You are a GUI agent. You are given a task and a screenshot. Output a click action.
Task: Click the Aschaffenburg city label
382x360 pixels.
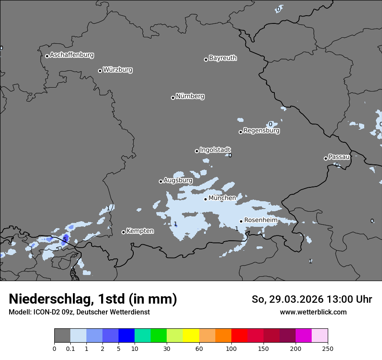click(x=72, y=55)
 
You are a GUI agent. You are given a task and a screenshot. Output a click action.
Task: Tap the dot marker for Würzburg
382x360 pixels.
click(x=100, y=71)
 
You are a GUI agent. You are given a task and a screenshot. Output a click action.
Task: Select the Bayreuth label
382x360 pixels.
click(x=223, y=58)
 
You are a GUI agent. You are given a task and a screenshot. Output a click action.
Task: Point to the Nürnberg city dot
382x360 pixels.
click(x=173, y=98)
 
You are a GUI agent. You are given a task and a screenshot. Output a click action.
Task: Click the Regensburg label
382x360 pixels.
click(x=261, y=131)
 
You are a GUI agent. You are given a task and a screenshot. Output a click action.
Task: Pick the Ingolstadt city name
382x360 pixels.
click(x=215, y=150)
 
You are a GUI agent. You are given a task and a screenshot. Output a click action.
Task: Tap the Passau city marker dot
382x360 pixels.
click(x=326, y=158)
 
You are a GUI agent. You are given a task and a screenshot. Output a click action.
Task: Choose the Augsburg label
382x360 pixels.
click(x=178, y=180)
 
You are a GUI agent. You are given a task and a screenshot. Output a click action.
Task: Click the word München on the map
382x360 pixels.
click(x=222, y=198)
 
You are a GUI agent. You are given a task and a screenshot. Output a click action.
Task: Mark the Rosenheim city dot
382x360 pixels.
click(x=241, y=221)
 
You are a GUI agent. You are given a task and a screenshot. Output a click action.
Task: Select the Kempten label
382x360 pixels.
click(x=140, y=231)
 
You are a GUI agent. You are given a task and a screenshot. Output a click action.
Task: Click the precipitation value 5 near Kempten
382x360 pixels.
click(x=65, y=239)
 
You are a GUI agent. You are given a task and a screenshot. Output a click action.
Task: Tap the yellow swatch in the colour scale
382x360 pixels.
click(x=191, y=336)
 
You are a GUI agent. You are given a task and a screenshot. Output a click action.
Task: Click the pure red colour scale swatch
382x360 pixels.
click(x=239, y=336)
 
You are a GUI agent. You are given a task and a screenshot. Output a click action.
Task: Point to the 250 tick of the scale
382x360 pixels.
click(x=328, y=348)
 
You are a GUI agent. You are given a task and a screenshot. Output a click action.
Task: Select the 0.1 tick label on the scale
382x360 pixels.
click(x=70, y=348)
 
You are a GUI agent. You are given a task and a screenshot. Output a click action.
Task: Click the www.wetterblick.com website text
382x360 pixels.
click(x=313, y=312)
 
